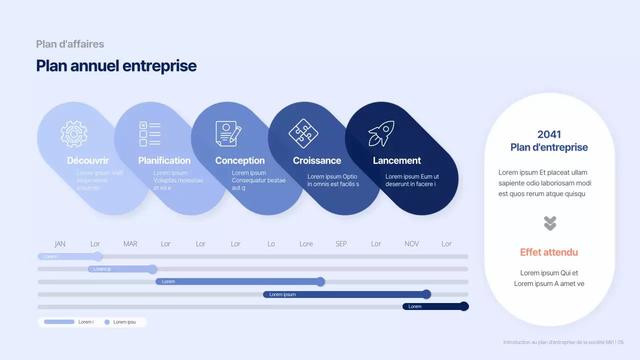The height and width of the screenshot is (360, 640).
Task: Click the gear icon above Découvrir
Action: pyautogui.click(x=74, y=133)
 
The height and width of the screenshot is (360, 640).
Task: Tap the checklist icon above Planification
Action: pyautogui.click(x=150, y=134)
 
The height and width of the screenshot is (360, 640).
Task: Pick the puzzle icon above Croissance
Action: pyautogui.click(x=303, y=133)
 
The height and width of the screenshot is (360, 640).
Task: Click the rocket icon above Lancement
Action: pyautogui.click(x=381, y=133)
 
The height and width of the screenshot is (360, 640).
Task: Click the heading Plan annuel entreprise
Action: pyautogui.click(x=116, y=66)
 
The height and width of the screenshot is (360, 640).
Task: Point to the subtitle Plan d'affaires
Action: pyautogui.click(x=70, y=44)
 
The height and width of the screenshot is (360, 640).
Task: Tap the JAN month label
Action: pyautogui.click(x=60, y=244)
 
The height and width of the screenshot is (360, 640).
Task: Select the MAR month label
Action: pyautogui.click(x=130, y=244)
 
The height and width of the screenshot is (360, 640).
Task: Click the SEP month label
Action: pyautogui.click(x=341, y=244)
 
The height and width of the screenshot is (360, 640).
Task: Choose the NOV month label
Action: pyautogui.click(x=411, y=244)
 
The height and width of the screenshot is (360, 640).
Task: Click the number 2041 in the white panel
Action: pyautogui.click(x=549, y=134)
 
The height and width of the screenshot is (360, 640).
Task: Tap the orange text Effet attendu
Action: pyautogui.click(x=549, y=252)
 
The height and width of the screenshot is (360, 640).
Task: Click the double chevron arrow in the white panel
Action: pyautogui.click(x=550, y=223)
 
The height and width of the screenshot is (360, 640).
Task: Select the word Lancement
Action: pyautogui.click(x=397, y=160)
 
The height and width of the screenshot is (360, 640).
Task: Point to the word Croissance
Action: pyautogui.click(x=317, y=160)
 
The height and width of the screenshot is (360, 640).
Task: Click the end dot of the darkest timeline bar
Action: pyautogui.click(x=464, y=306)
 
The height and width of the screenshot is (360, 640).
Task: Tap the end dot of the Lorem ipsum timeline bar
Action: pyautogui.click(x=426, y=294)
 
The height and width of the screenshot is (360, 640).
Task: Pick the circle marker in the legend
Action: pyautogui.click(x=107, y=322)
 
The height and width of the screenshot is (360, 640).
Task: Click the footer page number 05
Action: pyautogui.click(x=620, y=342)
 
